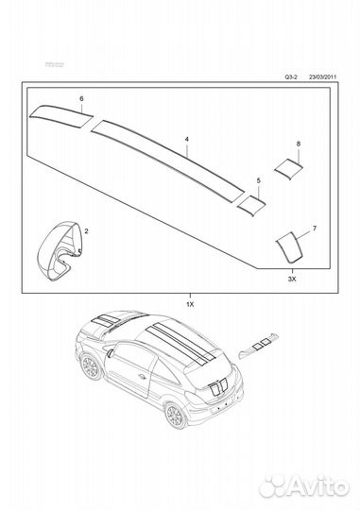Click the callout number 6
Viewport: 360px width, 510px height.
coord(81,98)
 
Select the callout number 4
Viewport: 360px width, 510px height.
coord(186,139)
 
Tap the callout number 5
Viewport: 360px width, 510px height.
coord(259,178)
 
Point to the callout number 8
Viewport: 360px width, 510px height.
coord(299,144)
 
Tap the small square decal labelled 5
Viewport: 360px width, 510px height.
coord(251,200)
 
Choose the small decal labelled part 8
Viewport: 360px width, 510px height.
coord(286,166)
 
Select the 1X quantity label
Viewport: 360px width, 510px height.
coord(189,306)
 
